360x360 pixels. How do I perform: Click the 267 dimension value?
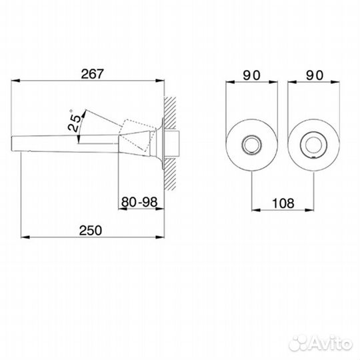(x=92, y=74)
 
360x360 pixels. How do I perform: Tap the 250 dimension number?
(x=90, y=231)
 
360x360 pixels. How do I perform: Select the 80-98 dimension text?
(x=139, y=202)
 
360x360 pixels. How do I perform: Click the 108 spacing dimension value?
(x=283, y=203)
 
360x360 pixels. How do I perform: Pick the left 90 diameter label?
(x=251, y=75)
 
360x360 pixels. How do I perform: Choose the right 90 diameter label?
(x=314, y=75)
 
